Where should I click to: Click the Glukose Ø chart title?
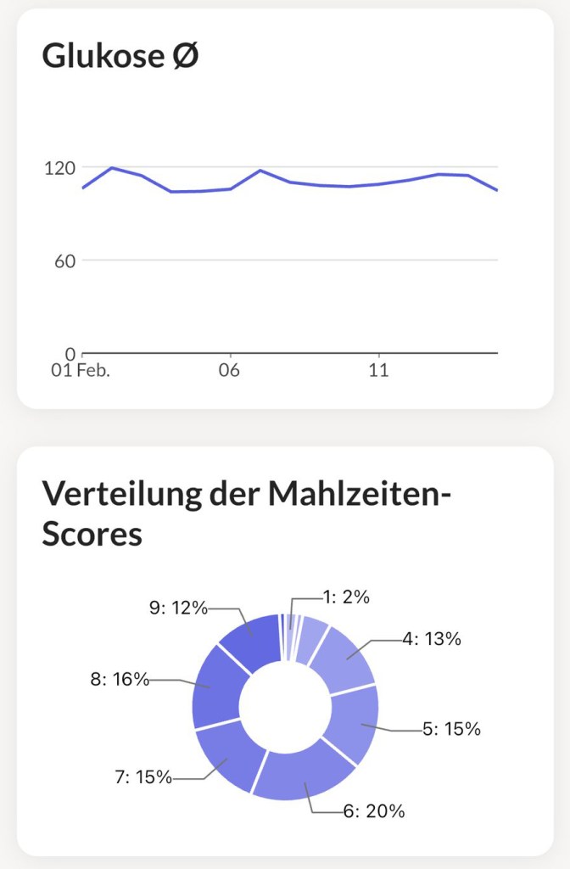[120, 57]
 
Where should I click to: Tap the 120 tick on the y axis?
[59, 167]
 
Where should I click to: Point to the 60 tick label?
[64, 261]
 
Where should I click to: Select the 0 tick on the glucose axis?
[70, 353]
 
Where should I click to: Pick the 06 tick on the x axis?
[229, 371]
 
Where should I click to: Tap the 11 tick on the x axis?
[378, 371]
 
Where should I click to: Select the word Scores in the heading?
[92, 535]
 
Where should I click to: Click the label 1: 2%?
[346, 597]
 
